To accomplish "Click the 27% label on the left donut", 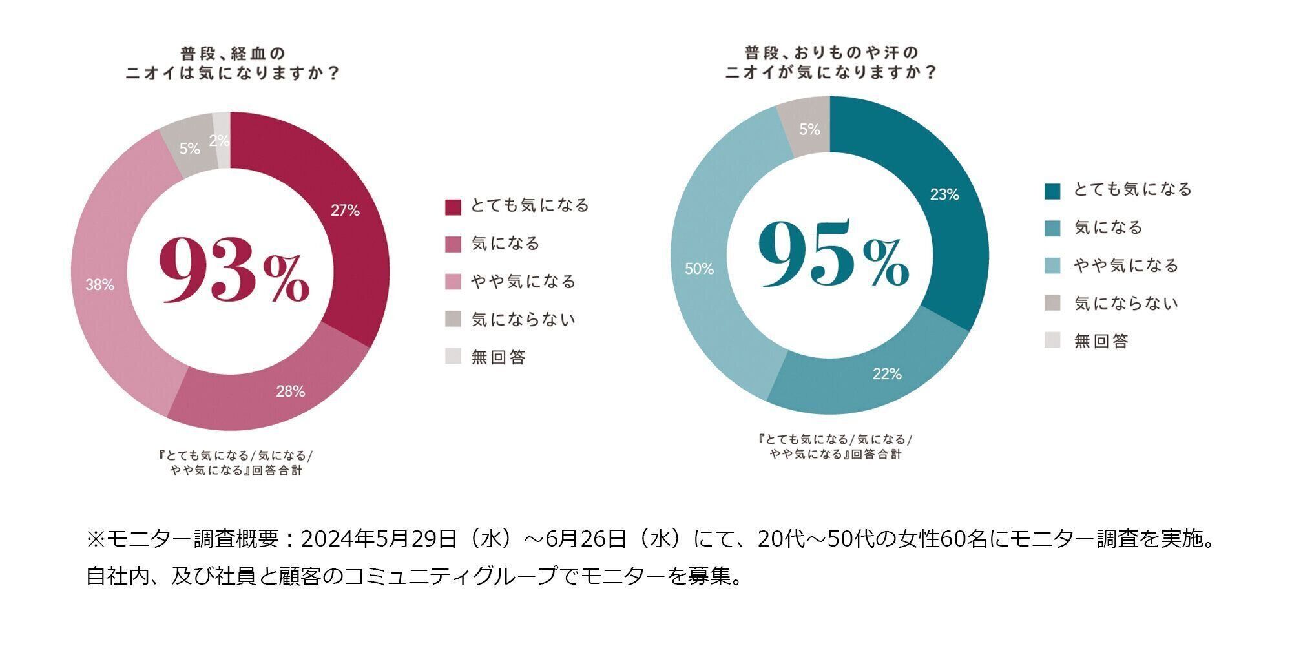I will click(345, 211).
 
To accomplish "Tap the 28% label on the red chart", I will click(290, 391).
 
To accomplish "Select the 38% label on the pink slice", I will click(99, 285).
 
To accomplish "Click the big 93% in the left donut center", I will click(234, 269).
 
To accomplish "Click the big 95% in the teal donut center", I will click(833, 254).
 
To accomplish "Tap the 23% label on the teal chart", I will click(944, 194).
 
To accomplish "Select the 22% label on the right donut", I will click(887, 374).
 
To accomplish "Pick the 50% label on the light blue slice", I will click(699, 269).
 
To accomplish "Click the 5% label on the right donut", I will click(809, 130).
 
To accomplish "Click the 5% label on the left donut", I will click(189, 149).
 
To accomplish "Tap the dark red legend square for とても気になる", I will click(453, 207).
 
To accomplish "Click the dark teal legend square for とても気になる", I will click(1052, 191).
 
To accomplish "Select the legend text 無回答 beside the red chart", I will click(498, 357).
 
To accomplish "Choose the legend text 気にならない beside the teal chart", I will click(1126, 303).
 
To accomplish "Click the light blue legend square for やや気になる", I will click(1052, 266).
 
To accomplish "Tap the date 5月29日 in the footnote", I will click(417, 539).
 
